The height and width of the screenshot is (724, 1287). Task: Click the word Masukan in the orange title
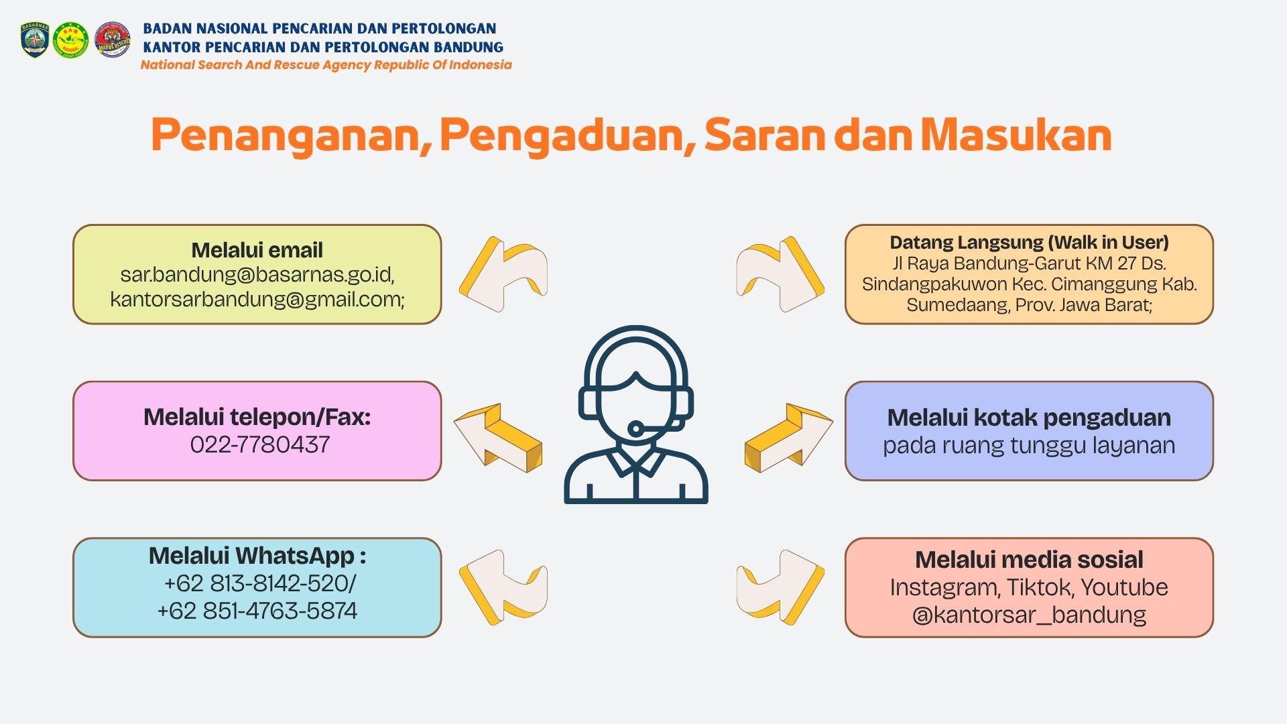(1016, 135)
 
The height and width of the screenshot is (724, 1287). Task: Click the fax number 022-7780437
(260, 444)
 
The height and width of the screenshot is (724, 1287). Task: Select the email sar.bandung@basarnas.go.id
(257, 275)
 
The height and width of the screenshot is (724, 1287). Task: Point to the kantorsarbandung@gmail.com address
(257, 299)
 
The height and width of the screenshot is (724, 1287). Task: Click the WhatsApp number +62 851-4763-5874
(257, 611)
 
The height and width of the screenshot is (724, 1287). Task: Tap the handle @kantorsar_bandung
(1029, 615)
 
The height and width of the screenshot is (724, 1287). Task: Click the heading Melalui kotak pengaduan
(1029, 418)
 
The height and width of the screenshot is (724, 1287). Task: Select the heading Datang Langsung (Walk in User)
(1029, 242)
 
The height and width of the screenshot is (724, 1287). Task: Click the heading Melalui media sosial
(1029, 559)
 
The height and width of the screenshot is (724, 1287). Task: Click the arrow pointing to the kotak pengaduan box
(789, 438)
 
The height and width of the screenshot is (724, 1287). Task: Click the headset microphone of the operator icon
(635, 428)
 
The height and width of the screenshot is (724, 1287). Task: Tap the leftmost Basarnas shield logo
(35, 40)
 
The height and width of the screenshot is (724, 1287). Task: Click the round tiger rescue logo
(113, 40)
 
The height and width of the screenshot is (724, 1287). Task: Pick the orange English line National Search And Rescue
(326, 65)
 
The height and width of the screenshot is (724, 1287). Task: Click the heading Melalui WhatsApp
(257, 556)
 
